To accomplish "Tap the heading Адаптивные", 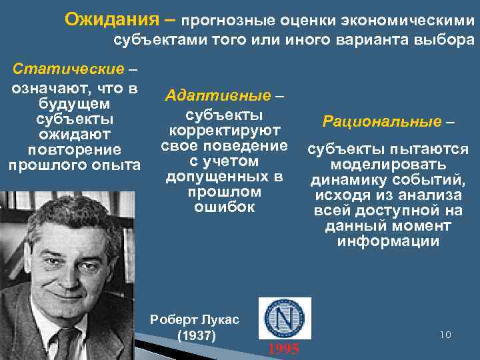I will point(218,96).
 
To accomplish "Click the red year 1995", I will point(283,349).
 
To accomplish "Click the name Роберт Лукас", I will point(195,319).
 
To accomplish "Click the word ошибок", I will point(224,207).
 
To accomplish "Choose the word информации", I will point(388,241).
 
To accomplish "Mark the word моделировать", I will point(388,164).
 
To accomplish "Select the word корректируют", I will point(224,130).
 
